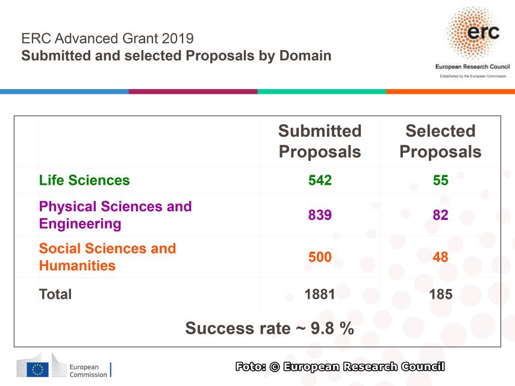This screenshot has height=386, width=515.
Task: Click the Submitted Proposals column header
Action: [320, 141]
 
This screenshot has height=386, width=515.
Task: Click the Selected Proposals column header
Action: [440, 141]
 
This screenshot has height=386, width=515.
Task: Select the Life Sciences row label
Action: [84, 180]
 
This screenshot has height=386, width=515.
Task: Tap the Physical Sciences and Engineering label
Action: [115, 215]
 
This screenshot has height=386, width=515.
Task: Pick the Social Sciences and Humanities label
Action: [107, 257]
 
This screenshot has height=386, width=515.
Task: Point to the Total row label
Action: [55, 294]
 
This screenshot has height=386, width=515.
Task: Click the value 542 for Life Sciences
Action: [320, 180]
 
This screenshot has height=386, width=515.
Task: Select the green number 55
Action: [440, 180]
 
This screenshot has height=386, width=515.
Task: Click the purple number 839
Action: [320, 215]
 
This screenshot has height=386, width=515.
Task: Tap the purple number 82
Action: [440, 215]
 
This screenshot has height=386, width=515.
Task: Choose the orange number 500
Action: [320, 257]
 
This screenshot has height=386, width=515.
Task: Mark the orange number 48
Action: [440, 257]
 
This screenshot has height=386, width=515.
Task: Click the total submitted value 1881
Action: [320, 294]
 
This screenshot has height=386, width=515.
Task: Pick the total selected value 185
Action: [440, 294]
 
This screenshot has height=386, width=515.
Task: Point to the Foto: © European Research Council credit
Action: [340, 366]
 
